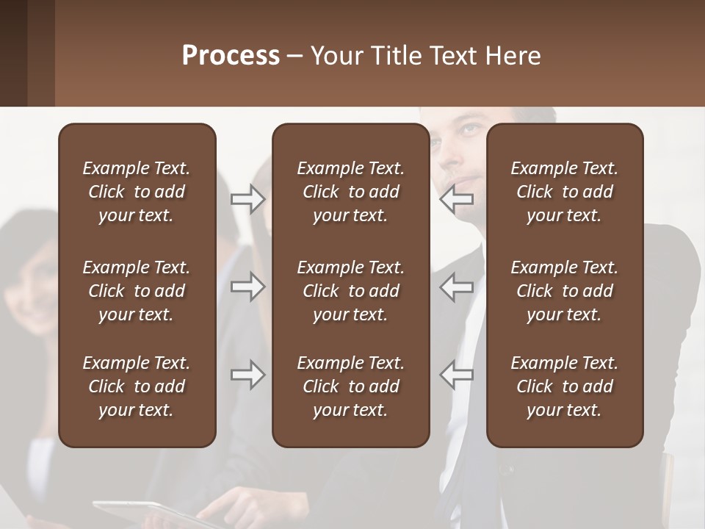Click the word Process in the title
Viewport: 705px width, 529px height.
coord(231,56)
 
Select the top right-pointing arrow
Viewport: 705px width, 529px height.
coord(248,199)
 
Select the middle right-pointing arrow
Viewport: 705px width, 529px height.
coord(248,287)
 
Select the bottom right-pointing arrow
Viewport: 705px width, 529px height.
coord(248,375)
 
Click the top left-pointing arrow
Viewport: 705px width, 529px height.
coord(457,199)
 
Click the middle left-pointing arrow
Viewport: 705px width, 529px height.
coord(457,287)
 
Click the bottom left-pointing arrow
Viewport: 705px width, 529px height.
coord(457,375)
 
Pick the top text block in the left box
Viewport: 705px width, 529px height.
coord(137,192)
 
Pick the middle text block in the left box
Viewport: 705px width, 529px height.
coord(137,291)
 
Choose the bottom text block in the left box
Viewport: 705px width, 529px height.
coord(137,386)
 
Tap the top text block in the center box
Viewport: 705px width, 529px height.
coord(350,192)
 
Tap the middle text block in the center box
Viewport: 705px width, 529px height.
coord(350,291)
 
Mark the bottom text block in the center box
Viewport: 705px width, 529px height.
coord(350,386)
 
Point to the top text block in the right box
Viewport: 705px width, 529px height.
coord(564,192)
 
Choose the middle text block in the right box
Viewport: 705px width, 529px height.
coord(564,291)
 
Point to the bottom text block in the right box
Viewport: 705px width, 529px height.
coord(564,386)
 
